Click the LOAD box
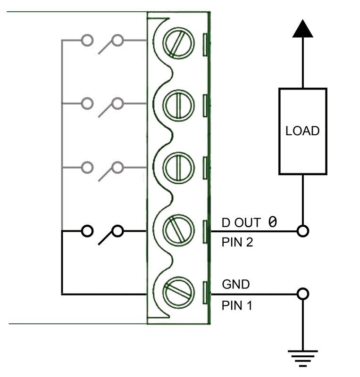[x=302, y=131]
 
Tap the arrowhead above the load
[x=302, y=31]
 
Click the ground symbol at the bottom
[x=302, y=358]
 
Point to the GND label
[x=236, y=285]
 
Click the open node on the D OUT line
[x=302, y=231]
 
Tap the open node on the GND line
[x=302, y=294]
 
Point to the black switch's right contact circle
[x=117, y=231]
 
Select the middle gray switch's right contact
[x=117, y=103]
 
